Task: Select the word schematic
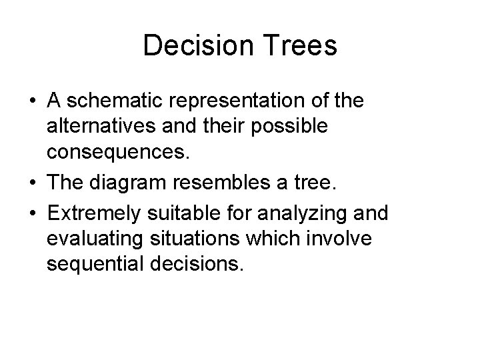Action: pyautogui.click(x=114, y=101)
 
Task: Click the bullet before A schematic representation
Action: pyautogui.click(x=32, y=102)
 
